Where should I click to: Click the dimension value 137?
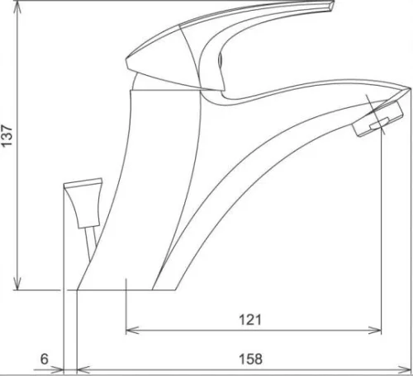pyautogui.click(x=7, y=136)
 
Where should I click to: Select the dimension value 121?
pyautogui.click(x=250, y=320)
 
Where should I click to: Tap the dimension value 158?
pyautogui.click(x=250, y=359)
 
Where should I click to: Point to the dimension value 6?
pyautogui.click(x=45, y=359)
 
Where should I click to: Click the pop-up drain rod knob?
pyautogui.click(x=83, y=202)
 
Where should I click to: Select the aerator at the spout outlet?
pyautogui.click(x=377, y=118)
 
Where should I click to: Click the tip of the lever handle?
pyautogui.click(x=331, y=6)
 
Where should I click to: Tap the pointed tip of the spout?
pyautogui.click(x=410, y=88)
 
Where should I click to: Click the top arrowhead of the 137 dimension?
pyautogui.click(x=17, y=7)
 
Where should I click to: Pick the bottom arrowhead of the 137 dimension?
pyautogui.click(x=17, y=284)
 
